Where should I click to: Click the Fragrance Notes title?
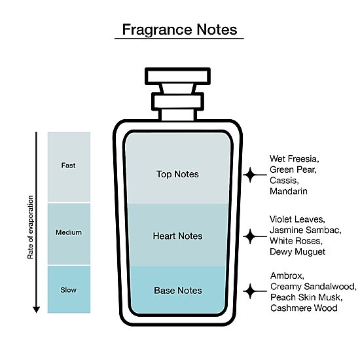tap(179, 29)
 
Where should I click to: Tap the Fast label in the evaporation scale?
tap(68, 166)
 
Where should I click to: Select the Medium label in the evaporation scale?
tap(69, 232)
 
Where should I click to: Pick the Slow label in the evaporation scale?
tap(69, 290)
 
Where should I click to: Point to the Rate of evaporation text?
tap(30, 227)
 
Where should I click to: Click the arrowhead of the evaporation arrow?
tap(36, 310)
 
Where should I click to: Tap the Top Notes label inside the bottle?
tap(177, 174)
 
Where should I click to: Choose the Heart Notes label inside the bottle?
tap(177, 236)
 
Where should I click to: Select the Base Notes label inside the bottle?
tap(178, 291)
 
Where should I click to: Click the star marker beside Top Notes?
tap(250, 175)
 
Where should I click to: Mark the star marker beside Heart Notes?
tap(250, 236)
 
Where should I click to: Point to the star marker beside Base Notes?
tap(250, 291)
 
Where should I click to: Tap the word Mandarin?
tap(289, 191)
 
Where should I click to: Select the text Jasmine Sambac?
tap(306, 230)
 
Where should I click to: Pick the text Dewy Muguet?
tap(298, 251)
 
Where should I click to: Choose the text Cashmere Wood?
tap(304, 308)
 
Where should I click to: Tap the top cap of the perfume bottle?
tap(177, 77)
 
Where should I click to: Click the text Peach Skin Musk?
tap(306, 297)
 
